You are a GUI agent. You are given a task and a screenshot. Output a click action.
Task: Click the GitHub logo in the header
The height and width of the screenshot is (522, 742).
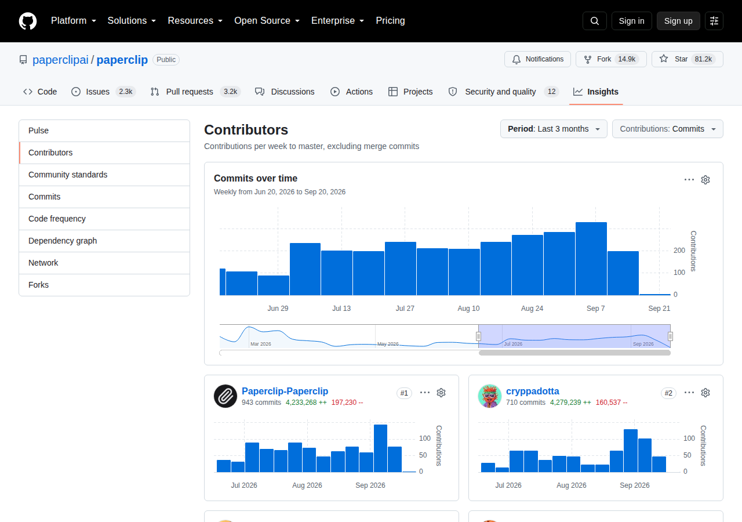pyautogui.click(x=27, y=21)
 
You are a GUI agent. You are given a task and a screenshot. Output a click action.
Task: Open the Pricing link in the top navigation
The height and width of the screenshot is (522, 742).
pyautogui.click(x=390, y=20)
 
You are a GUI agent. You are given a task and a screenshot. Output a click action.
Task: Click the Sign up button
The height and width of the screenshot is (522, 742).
pyautogui.click(x=678, y=21)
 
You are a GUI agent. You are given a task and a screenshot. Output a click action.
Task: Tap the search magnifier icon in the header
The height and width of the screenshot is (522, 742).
pyautogui.click(x=595, y=21)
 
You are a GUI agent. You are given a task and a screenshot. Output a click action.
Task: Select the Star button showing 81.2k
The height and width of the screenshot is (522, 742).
pyautogui.click(x=687, y=59)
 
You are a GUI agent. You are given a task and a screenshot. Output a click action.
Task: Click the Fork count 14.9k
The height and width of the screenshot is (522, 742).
pyautogui.click(x=627, y=59)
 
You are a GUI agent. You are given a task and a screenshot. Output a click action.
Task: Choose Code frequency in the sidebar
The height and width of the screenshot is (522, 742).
pyautogui.click(x=57, y=219)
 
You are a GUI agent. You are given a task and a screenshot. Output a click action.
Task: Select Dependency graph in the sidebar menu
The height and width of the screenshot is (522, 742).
pyautogui.click(x=63, y=241)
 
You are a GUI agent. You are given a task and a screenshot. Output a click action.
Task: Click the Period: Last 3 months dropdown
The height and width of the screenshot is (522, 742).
pyautogui.click(x=554, y=129)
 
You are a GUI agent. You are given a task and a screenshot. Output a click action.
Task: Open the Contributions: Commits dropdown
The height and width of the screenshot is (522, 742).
pyautogui.click(x=667, y=129)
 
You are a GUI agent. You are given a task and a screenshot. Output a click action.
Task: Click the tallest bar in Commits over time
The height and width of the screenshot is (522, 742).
pyautogui.click(x=591, y=259)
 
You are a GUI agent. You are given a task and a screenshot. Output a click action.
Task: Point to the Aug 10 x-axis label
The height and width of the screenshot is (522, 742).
pyautogui.click(x=468, y=309)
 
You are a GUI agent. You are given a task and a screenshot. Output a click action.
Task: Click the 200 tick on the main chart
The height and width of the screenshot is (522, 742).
pyautogui.click(x=679, y=251)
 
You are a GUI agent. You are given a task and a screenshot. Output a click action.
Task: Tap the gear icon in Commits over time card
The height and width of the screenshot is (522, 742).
pyautogui.click(x=705, y=180)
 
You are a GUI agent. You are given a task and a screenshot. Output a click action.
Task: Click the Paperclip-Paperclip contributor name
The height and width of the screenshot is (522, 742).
pyautogui.click(x=285, y=391)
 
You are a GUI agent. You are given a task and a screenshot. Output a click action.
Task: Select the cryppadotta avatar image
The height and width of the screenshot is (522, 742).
pyautogui.click(x=490, y=396)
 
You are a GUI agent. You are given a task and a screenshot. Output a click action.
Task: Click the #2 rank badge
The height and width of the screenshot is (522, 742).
pyautogui.click(x=668, y=393)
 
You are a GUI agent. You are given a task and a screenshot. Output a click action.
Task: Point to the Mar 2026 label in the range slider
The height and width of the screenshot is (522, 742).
pyautogui.click(x=261, y=344)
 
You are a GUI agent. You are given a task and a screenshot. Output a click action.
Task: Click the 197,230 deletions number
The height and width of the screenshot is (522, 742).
pyautogui.click(x=344, y=403)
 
